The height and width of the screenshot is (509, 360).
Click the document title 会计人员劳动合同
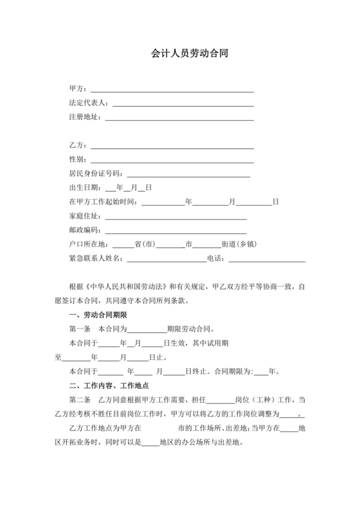(180, 55)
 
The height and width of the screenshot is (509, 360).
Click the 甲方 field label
(78, 88)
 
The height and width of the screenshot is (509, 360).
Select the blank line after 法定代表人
(183, 103)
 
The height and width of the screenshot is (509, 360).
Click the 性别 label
(78, 159)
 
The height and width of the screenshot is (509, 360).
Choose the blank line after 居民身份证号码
(188, 174)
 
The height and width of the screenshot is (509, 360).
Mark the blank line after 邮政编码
(175, 230)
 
